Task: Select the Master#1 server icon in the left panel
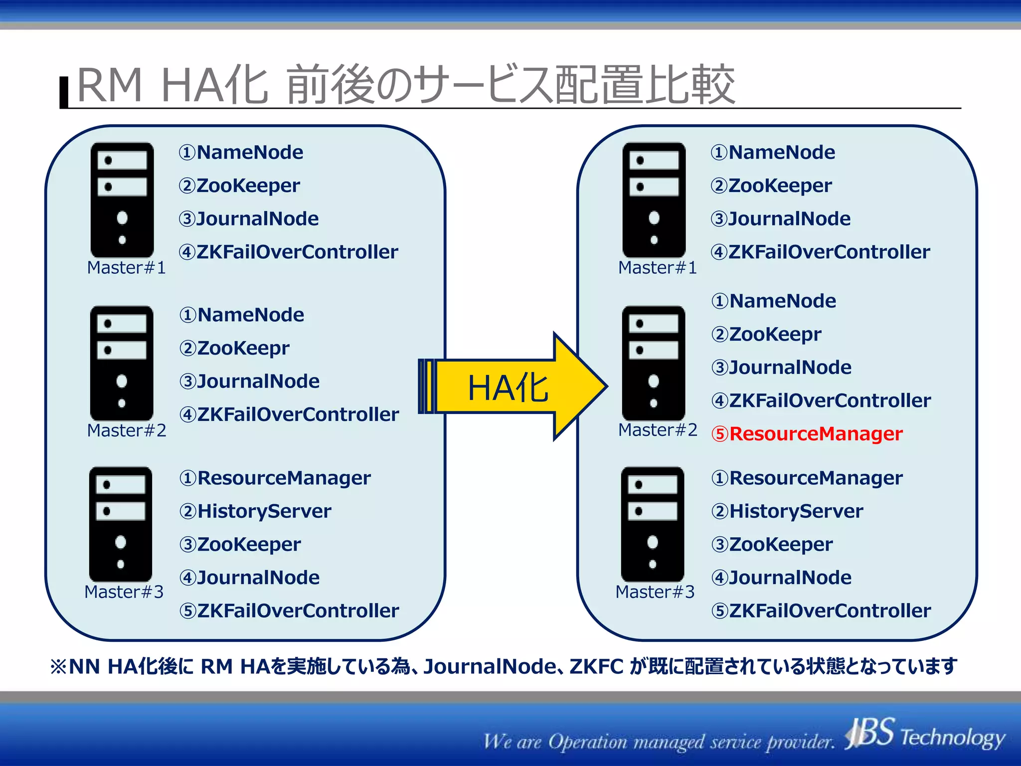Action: [122, 199]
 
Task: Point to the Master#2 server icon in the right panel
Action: [654, 363]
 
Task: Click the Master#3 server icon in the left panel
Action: [121, 524]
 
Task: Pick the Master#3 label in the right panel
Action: [655, 592]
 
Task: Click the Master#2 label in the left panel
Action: [127, 430]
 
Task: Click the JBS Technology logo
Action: [925, 735]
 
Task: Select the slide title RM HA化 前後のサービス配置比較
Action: [406, 85]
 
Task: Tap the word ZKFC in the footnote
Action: [596, 667]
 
